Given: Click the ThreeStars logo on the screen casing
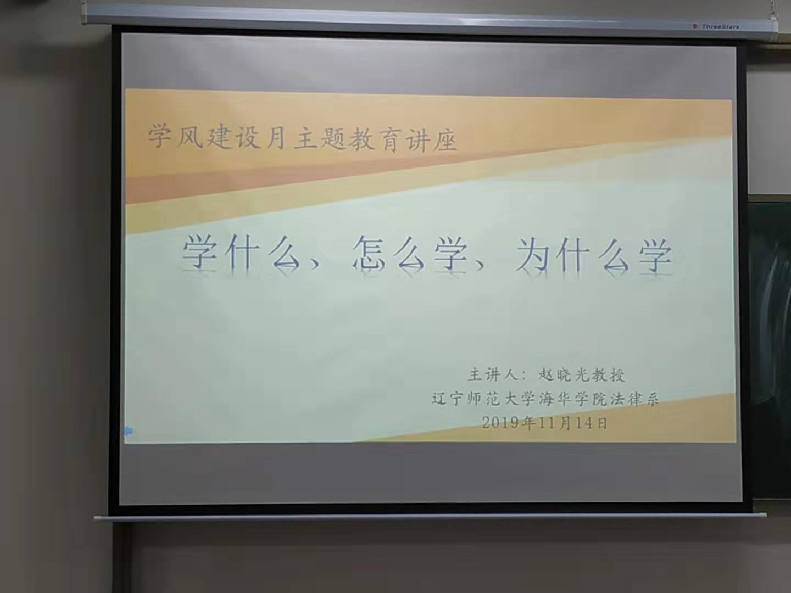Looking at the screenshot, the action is [716, 26].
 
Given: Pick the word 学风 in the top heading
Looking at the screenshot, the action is [175, 137].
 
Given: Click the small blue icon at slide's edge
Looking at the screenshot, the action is [129, 430].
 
